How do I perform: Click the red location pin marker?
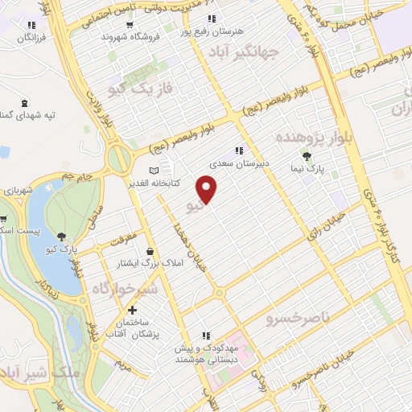208,190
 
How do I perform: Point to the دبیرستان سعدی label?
237,163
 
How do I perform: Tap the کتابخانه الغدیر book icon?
155,171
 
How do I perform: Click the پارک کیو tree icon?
62,236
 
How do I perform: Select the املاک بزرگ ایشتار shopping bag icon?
150,251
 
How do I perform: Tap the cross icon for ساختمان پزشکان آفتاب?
132,309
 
